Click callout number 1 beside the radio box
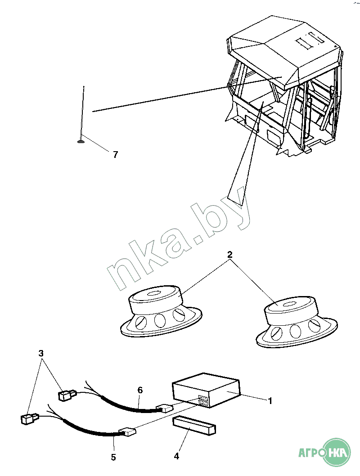point(270,400)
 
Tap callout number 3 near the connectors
point(41,354)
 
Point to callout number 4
point(176,456)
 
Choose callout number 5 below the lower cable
point(113,457)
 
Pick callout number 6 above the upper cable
point(140,390)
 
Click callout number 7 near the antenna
point(115,154)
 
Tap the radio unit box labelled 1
point(206,390)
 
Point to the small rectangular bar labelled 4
point(194,426)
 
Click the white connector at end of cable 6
point(164,409)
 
